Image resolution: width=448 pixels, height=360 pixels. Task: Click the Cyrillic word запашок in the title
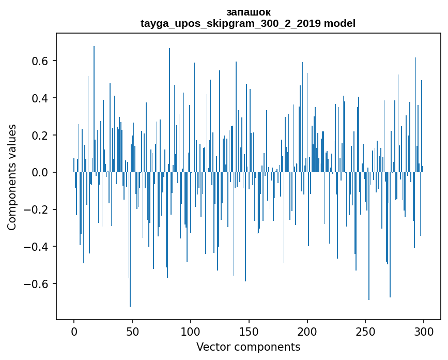pos(248,12)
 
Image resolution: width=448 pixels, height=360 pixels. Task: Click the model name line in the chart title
pos(248,23)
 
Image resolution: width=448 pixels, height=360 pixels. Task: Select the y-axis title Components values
pos(12,177)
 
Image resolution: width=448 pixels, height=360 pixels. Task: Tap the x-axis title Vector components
pos(248,347)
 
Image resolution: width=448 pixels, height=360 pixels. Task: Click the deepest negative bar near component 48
pos(130,259)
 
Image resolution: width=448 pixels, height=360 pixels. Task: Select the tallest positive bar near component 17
pos(94,103)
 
